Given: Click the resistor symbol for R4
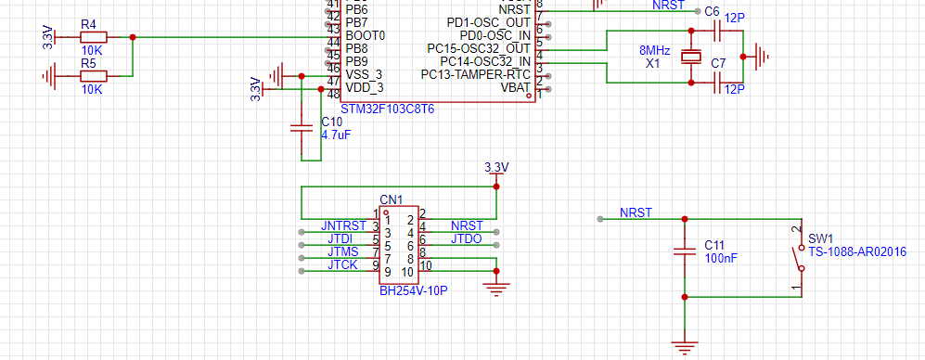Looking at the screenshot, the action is (94, 37).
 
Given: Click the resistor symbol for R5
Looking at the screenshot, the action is (94, 75).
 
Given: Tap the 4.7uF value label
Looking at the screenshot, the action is (336, 135).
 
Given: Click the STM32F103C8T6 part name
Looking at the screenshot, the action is (388, 109).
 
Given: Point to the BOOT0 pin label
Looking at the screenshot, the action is (366, 35).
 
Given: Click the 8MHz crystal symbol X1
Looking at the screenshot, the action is (691, 57).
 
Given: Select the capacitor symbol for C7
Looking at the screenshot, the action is (718, 83).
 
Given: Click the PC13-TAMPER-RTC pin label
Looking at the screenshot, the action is (475, 75).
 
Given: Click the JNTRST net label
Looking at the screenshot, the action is (344, 225).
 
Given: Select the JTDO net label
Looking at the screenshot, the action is (466, 239).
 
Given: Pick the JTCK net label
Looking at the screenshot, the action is (342, 265).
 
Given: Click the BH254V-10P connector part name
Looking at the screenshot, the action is (413, 291).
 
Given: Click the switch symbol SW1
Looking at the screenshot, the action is (800, 258).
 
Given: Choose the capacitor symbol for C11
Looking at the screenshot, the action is (685, 251).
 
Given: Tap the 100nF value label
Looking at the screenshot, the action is (721, 258).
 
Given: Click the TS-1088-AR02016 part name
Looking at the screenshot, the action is (857, 252).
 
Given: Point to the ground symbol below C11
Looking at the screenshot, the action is (685, 348).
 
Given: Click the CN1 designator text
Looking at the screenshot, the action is (392, 199).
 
